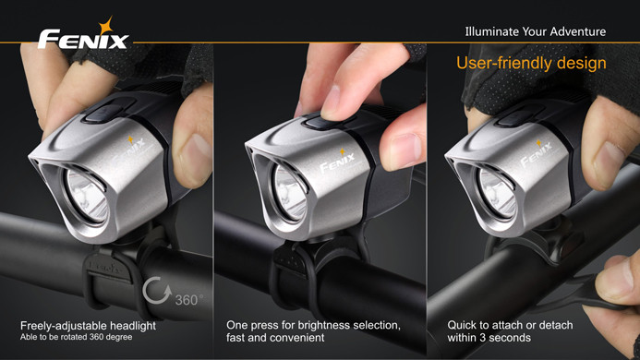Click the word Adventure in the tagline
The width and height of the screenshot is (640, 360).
click(577, 32)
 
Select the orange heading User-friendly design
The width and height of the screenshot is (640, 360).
click(531, 64)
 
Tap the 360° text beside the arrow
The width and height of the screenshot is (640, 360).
click(187, 299)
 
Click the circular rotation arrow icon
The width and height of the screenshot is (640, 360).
click(157, 294)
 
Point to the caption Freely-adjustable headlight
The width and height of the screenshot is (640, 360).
click(88, 325)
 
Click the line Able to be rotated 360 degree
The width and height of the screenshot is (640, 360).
click(77, 337)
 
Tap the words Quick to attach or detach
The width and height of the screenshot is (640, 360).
click(510, 325)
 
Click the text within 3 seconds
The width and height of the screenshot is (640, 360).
click(489, 339)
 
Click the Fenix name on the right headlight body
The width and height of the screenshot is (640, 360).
click(536, 157)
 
